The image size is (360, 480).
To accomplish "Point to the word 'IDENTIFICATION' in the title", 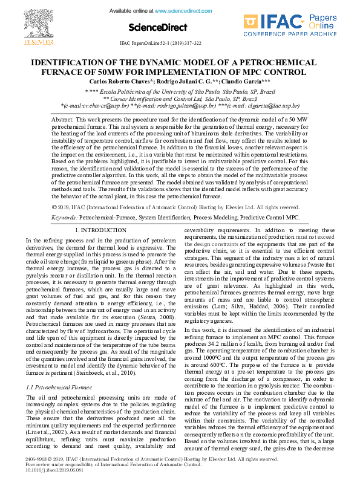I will [x=66, y=62].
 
